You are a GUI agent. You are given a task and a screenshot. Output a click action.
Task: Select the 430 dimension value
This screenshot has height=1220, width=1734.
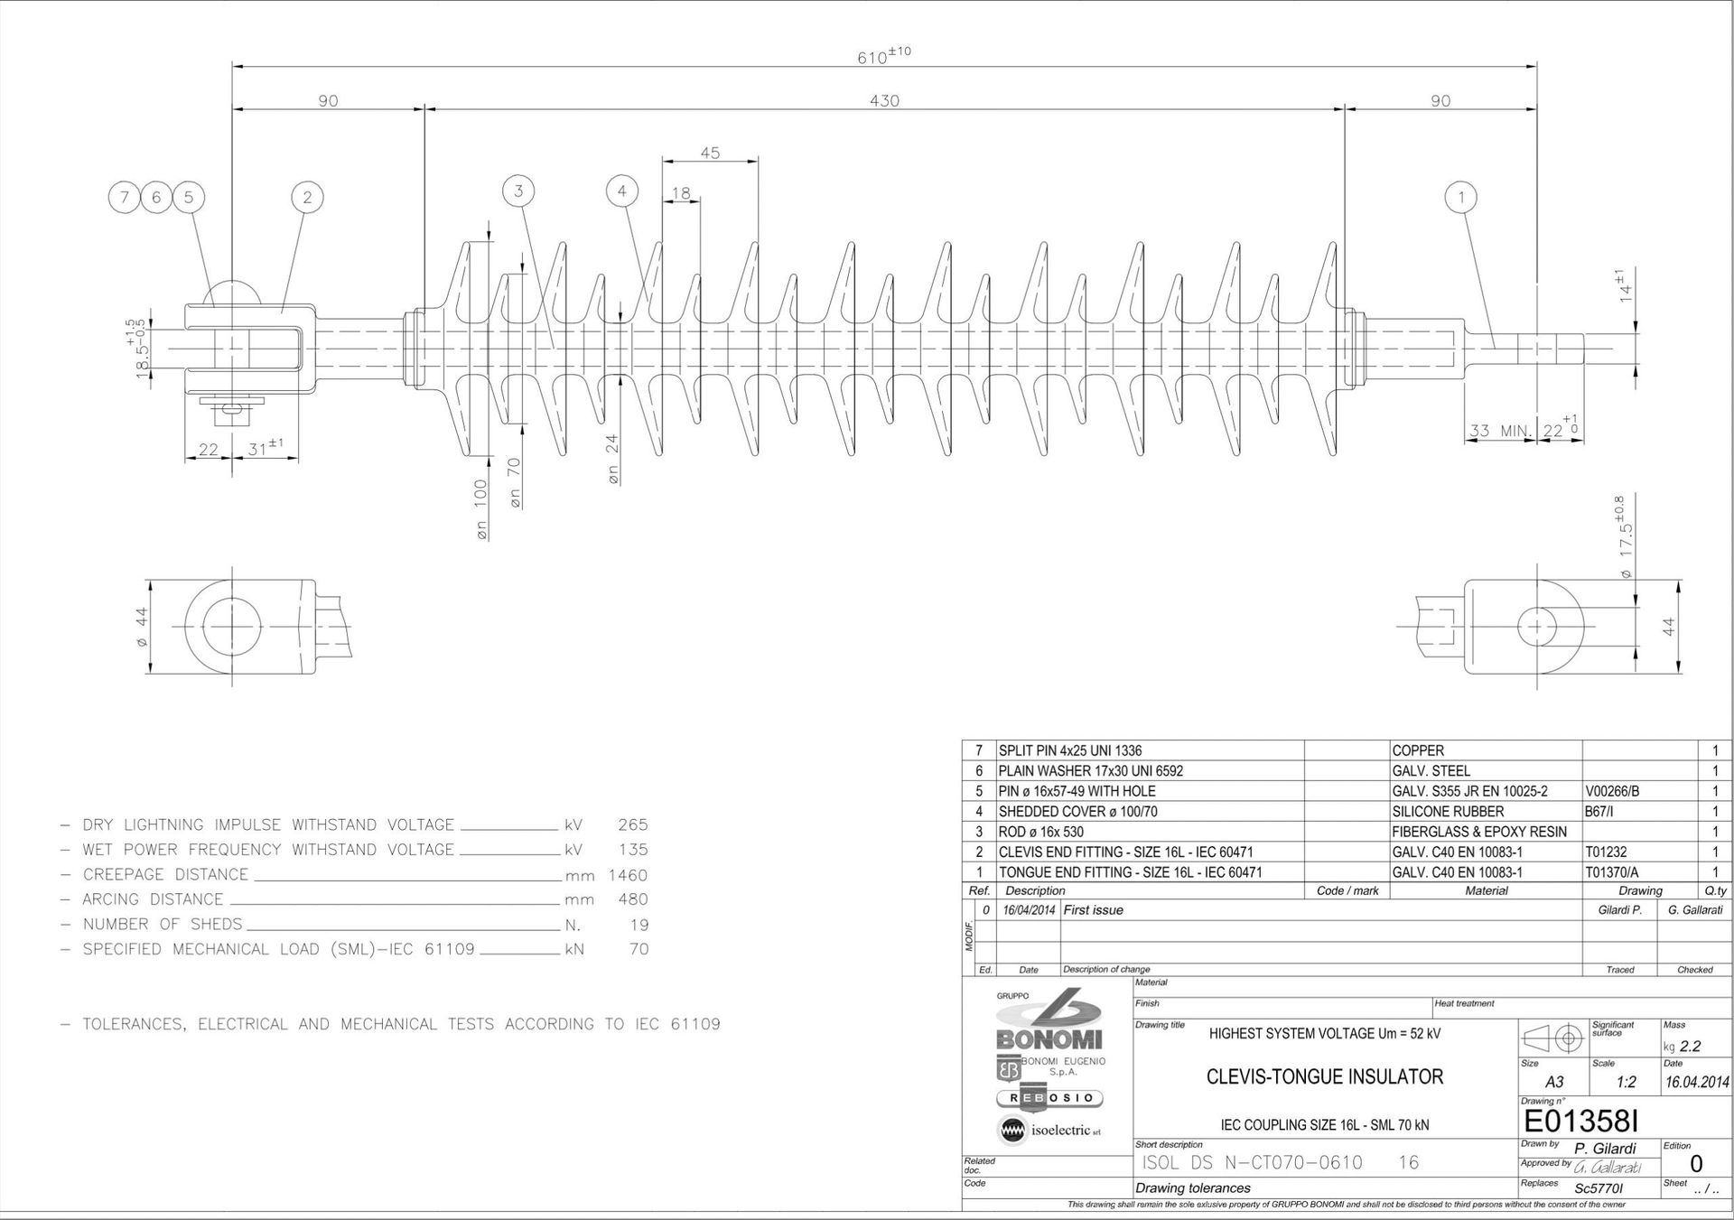click(x=884, y=100)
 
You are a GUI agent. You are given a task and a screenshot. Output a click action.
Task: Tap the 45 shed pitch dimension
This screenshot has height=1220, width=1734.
click(x=710, y=153)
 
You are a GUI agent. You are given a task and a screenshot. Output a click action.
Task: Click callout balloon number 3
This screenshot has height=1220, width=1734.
click(x=518, y=191)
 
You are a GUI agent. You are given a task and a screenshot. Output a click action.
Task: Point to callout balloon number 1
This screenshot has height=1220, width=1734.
click(x=1460, y=196)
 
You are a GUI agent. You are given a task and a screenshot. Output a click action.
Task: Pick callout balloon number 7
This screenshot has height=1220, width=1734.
click(x=124, y=197)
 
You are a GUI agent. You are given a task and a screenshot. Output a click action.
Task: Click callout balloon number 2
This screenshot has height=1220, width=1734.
click(x=307, y=197)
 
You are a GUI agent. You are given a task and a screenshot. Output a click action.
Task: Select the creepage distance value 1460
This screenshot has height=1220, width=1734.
click(x=628, y=875)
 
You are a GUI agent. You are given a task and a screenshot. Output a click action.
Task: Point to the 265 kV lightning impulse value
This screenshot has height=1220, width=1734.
click(x=632, y=824)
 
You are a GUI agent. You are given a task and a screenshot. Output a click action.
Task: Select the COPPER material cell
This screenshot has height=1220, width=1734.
click(x=1418, y=750)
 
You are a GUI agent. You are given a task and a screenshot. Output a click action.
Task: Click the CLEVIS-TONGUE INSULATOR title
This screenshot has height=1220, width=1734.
click(x=1325, y=1076)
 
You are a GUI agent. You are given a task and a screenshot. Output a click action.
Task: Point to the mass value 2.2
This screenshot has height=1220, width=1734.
click(x=1690, y=1047)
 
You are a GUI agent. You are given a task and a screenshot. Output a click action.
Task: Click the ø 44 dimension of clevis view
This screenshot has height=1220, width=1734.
click(x=141, y=626)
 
